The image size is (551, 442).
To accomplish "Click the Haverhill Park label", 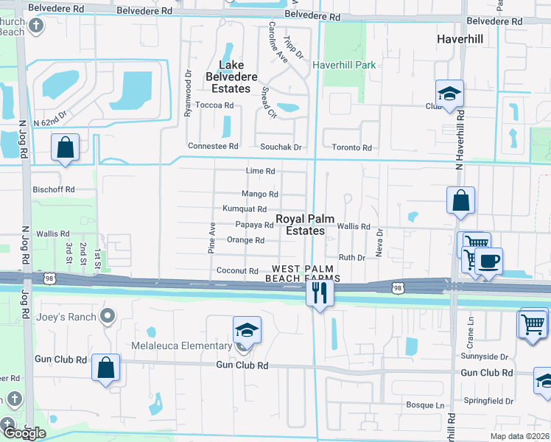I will pyautogui.click(x=344, y=65).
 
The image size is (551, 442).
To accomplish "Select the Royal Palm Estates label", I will pyautogui.click(x=301, y=225).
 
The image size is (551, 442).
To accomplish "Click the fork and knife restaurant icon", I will pyautogui.click(x=319, y=292).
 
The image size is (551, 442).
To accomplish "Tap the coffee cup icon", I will pyautogui.click(x=488, y=260).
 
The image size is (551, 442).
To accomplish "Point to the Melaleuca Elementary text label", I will pyautogui.click(x=171, y=346).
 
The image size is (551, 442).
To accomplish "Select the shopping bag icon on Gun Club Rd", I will pyautogui.click(x=106, y=366).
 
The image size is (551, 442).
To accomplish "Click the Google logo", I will pyautogui.click(x=24, y=432).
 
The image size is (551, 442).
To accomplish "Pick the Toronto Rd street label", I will pyautogui.click(x=351, y=147).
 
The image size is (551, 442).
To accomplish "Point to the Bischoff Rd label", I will pyautogui.click(x=54, y=189).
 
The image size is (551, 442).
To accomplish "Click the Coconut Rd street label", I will pyautogui.click(x=237, y=271).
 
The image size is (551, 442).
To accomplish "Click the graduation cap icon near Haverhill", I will pyautogui.click(x=449, y=94).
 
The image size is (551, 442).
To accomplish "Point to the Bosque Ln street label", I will pyautogui.click(x=427, y=404).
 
